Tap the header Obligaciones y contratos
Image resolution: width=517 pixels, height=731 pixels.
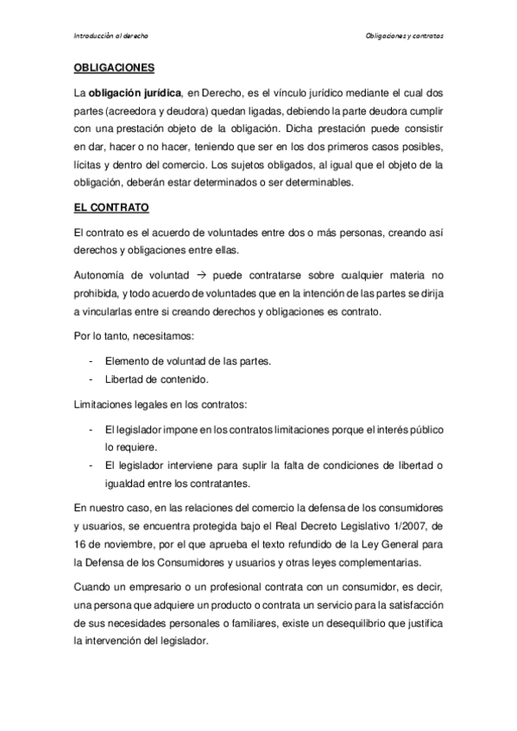tap(405, 37)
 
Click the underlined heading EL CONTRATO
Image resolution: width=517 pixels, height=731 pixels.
tap(111, 208)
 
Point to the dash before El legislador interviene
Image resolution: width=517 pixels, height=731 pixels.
tap(91, 465)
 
